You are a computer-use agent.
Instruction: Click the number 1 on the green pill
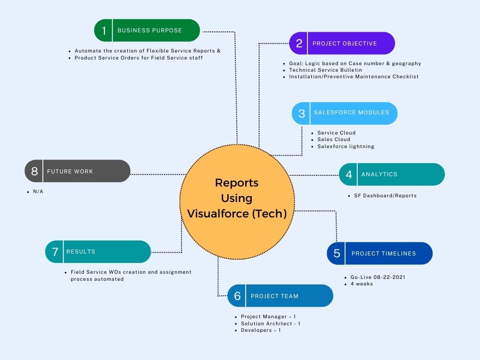pos(104,31)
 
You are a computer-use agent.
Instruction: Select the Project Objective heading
pos(345,44)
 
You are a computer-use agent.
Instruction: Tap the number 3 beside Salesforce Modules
pos(301,113)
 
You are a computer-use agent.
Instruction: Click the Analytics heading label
pos(379,174)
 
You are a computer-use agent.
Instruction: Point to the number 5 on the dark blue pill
pos(337,254)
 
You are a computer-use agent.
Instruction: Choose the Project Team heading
pos(274,296)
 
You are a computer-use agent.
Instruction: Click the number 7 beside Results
pos(55,252)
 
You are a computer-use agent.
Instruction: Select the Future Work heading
pos(70,172)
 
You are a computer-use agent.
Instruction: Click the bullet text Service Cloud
pos(336,133)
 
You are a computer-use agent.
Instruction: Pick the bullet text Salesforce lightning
pos(345,146)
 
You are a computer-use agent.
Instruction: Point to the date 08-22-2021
pos(389,277)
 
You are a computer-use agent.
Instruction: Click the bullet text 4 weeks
pos(361,284)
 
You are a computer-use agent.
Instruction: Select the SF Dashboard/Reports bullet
pos(385,195)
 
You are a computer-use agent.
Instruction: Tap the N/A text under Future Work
pos(38,192)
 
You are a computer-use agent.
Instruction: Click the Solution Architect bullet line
pos(270,323)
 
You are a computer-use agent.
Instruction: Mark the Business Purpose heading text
pos(150,30)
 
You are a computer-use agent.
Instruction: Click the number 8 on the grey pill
pos(34,172)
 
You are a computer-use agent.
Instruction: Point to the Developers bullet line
pos(261,330)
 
